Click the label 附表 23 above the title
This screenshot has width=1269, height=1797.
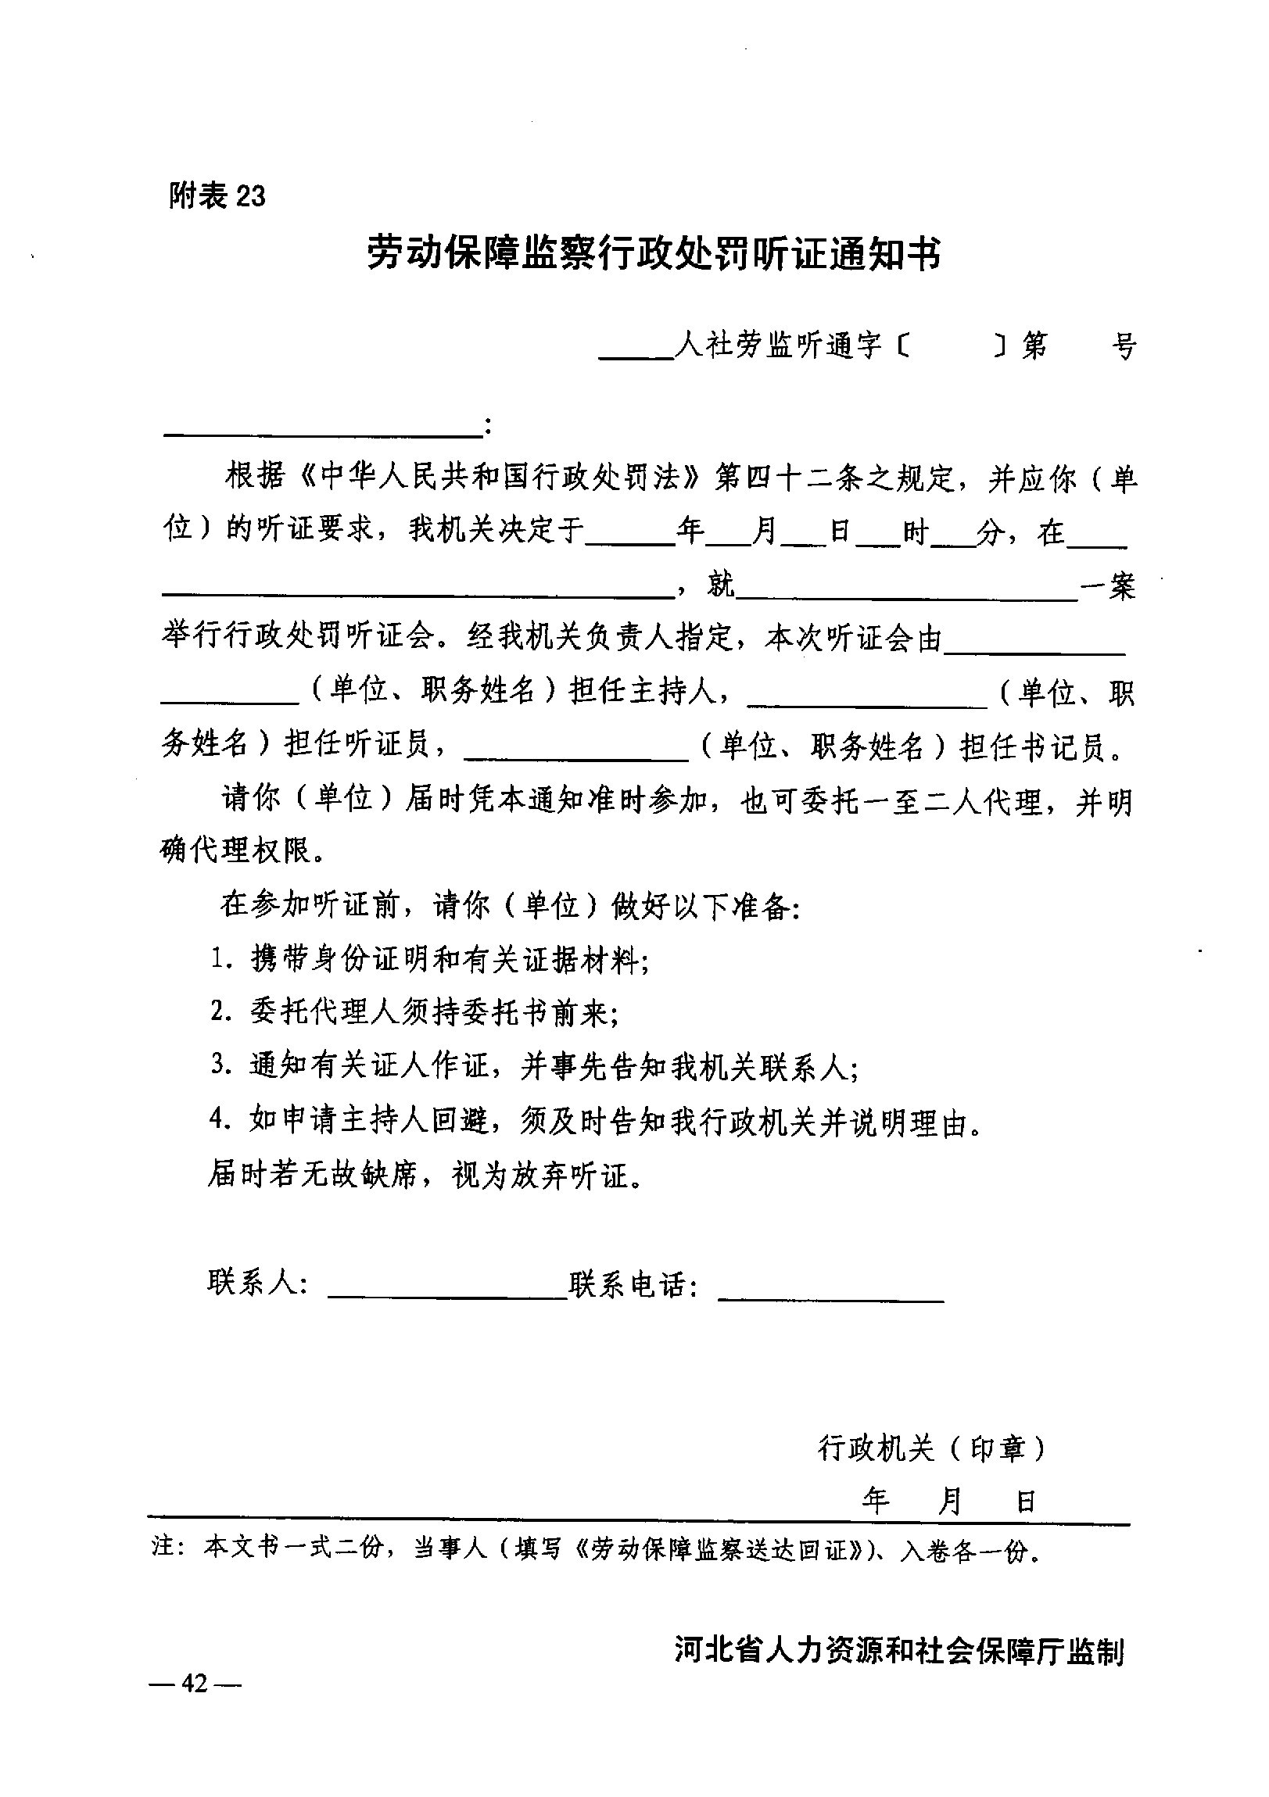[x=217, y=195]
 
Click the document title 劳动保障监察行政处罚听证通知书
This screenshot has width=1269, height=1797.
[x=654, y=253]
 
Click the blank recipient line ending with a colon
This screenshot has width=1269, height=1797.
[x=321, y=429]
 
